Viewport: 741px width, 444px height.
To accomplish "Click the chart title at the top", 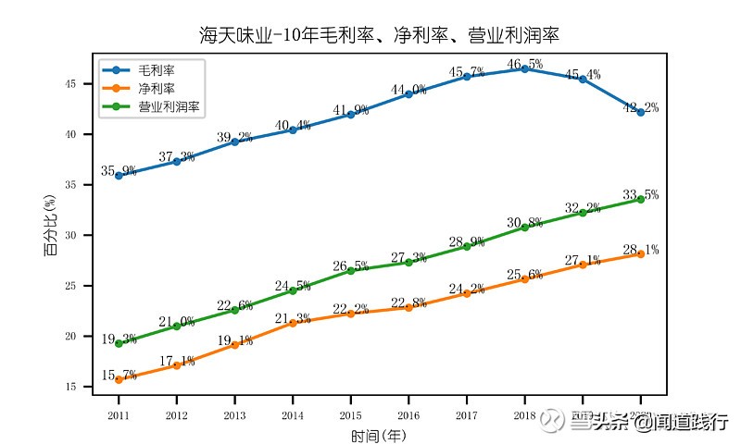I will click(x=379, y=36).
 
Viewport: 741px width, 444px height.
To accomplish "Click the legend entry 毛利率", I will click(x=157, y=69).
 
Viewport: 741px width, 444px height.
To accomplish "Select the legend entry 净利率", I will click(x=157, y=88).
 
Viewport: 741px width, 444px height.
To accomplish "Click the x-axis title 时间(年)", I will click(x=379, y=435).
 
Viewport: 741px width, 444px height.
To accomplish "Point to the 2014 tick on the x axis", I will click(x=293, y=416).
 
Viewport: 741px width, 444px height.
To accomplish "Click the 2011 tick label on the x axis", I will click(x=119, y=416).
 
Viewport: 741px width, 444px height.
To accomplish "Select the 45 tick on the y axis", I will click(x=82, y=84).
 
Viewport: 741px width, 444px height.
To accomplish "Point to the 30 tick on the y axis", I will click(x=82, y=235).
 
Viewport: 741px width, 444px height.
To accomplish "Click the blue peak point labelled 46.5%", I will click(x=524, y=68).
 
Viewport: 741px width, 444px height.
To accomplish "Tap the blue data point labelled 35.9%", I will click(x=119, y=175).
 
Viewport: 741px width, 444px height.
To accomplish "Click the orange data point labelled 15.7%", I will click(x=119, y=379).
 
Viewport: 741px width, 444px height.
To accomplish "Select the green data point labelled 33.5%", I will click(x=640, y=199).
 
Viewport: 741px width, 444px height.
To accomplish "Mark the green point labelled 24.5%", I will click(x=293, y=290).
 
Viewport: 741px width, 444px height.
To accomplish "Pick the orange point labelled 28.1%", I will click(x=640, y=253).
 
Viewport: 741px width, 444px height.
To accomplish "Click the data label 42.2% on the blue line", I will click(x=640, y=108).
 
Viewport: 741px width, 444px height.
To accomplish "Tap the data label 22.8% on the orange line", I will click(x=408, y=302).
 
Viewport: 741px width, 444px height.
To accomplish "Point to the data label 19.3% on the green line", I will click(x=119, y=339).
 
